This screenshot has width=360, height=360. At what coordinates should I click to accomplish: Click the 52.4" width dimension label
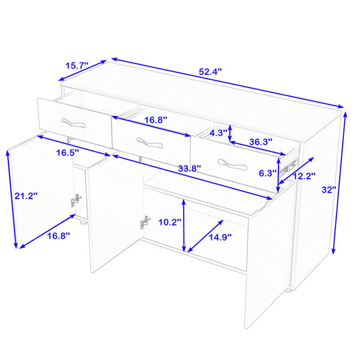tap(210, 72)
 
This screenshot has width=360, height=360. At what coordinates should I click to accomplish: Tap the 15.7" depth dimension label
tap(77, 65)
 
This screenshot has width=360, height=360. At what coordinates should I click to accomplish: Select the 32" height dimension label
tap(329, 190)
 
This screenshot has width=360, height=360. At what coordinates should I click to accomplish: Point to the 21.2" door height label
tap(26, 196)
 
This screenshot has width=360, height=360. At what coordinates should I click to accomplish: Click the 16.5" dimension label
tap(68, 152)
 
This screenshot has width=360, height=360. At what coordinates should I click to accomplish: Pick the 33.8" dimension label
tap(190, 169)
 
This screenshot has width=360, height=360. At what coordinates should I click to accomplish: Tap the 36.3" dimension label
tap(261, 142)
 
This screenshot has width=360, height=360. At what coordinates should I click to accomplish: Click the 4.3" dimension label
tap(218, 133)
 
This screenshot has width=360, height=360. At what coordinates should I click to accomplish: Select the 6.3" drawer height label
tap(268, 173)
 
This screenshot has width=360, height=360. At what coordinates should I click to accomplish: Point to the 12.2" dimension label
tap(304, 176)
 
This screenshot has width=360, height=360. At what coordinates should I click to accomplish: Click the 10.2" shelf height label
tap(170, 222)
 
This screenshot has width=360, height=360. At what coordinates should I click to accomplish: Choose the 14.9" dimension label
tap(220, 237)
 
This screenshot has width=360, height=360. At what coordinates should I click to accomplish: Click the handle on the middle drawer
tap(149, 143)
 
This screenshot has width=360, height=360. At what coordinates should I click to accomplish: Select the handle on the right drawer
tap(232, 164)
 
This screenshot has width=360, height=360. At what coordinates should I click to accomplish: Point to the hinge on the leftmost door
tap(76, 200)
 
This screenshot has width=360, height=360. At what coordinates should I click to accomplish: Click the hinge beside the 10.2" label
tap(144, 222)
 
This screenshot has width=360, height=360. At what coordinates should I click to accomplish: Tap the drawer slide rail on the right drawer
tap(289, 166)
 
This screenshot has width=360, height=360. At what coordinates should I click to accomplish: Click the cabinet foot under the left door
tap(83, 222)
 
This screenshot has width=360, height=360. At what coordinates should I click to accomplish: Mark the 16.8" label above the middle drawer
tap(155, 120)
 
